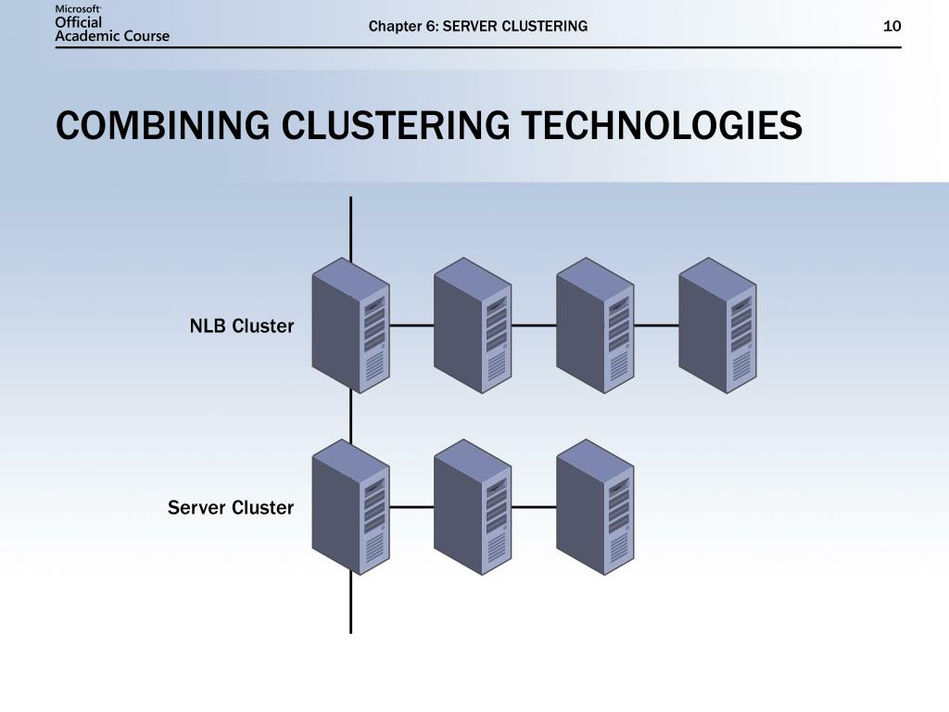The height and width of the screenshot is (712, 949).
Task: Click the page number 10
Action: [892, 26]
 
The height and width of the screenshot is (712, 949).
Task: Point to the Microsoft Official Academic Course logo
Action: [112, 23]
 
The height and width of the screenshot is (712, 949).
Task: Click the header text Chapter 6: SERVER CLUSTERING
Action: [477, 26]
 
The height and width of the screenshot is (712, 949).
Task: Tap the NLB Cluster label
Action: [241, 326]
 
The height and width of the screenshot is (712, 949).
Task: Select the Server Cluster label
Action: [230, 508]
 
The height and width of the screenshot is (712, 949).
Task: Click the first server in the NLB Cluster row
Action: [350, 325]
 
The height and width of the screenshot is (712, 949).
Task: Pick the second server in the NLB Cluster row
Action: [473, 325]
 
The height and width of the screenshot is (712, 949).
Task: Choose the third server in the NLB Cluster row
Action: [595, 325]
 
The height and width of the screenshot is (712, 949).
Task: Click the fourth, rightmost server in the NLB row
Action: [717, 325]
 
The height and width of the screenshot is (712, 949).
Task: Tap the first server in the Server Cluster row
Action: [350, 507]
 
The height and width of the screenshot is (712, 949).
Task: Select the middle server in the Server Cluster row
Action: [473, 507]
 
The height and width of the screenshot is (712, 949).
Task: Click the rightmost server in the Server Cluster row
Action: [595, 507]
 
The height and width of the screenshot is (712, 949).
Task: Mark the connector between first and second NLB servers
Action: [411, 326]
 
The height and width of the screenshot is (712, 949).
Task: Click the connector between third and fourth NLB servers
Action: [656, 326]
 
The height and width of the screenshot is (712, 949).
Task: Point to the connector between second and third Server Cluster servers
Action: [534, 508]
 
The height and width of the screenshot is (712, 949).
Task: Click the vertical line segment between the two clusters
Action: [350, 415]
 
